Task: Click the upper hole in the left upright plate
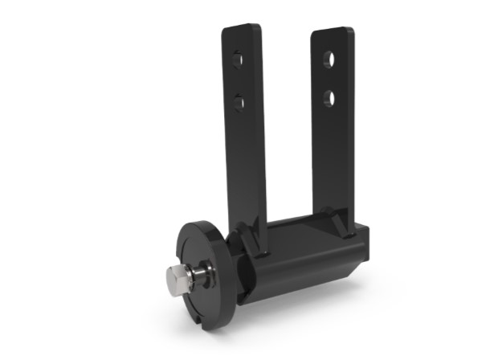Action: [237, 61]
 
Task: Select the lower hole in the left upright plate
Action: [239, 100]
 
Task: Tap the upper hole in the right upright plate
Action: [329, 59]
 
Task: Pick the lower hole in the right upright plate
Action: [330, 97]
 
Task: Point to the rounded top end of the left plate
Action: [241, 29]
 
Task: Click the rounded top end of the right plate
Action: [331, 32]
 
